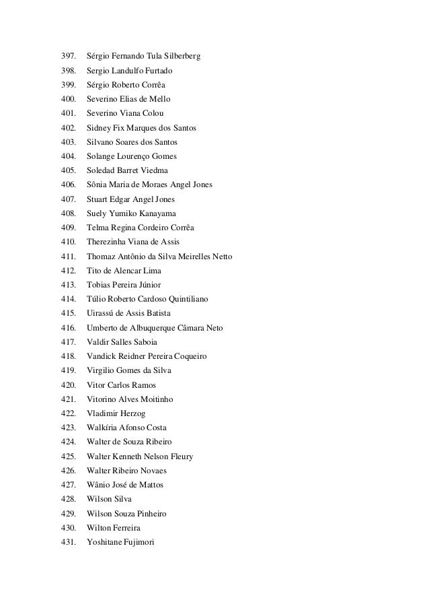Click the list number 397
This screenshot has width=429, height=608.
coord(69,56)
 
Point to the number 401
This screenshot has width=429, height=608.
coord(69,113)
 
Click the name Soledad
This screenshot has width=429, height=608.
coord(102,170)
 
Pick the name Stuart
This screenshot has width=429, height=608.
coord(100,199)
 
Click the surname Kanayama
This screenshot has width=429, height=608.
coord(157,213)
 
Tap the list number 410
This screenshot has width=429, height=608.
coord(69,242)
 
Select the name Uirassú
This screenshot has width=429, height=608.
coord(103,313)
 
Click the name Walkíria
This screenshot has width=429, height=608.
coord(104,428)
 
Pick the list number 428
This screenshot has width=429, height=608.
coord(69,499)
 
